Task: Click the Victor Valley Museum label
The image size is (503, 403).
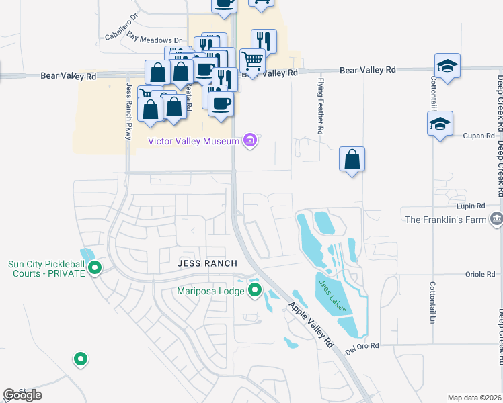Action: [x=194, y=141]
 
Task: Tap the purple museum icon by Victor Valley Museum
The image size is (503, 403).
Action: [x=251, y=140]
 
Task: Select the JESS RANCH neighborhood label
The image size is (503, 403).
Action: [x=204, y=263]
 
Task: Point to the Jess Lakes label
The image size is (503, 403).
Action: [x=332, y=296]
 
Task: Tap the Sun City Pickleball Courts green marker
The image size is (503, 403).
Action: [x=95, y=269]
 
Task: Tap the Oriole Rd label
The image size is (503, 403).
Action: [x=480, y=274]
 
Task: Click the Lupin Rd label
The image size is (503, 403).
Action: [x=471, y=206]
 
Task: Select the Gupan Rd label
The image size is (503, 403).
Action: [x=479, y=136]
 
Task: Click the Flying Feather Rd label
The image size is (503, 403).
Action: [x=321, y=107]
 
